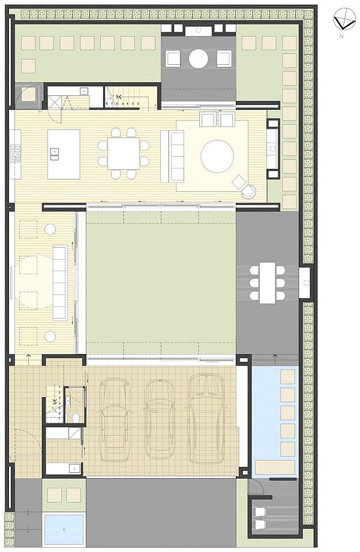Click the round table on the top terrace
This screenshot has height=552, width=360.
pyautogui.click(x=199, y=58)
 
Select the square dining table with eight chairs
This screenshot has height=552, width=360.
pyautogui.click(x=124, y=154)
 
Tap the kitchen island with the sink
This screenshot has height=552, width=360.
pyautogui.click(x=64, y=154)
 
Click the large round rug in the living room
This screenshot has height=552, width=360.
pyautogui.click(x=217, y=156)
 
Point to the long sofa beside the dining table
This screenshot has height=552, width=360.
pyautogui.click(x=176, y=155)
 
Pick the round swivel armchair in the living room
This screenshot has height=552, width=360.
pyautogui.click(x=247, y=190)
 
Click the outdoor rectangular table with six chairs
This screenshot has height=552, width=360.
pyautogui.click(x=267, y=282)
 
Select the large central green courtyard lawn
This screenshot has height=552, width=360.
pyautogui.click(x=161, y=282)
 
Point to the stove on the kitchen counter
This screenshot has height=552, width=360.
pyautogui.click(x=16, y=154)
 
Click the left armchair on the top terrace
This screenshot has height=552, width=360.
pyautogui.click(x=173, y=59)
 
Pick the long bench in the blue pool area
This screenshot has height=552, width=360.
pyautogui.click(x=275, y=467)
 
